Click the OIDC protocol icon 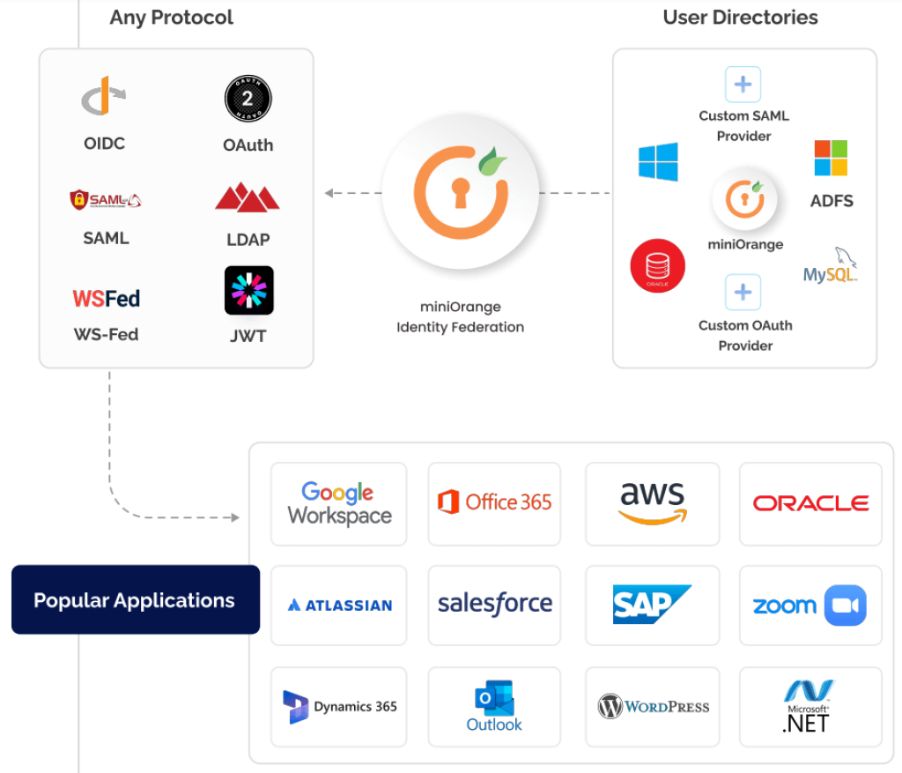click(x=104, y=97)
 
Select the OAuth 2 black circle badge click(x=248, y=99)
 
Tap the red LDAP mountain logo click(x=248, y=197)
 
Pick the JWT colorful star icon click(x=248, y=291)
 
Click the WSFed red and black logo click(x=106, y=299)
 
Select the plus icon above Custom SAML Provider click(x=743, y=85)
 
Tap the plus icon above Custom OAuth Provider click(x=743, y=292)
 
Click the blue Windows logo click(x=658, y=162)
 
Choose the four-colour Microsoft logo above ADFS click(x=830, y=158)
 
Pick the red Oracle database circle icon click(x=657, y=265)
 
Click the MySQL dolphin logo click(x=831, y=266)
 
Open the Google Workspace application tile click(x=339, y=504)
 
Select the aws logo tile click(x=652, y=504)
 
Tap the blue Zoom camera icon click(x=845, y=606)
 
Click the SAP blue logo click(x=651, y=605)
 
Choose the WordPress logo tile click(x=653, y=707)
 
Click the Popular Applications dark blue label click(x=135, y=600)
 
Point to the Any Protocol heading click(x=172, y=18)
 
